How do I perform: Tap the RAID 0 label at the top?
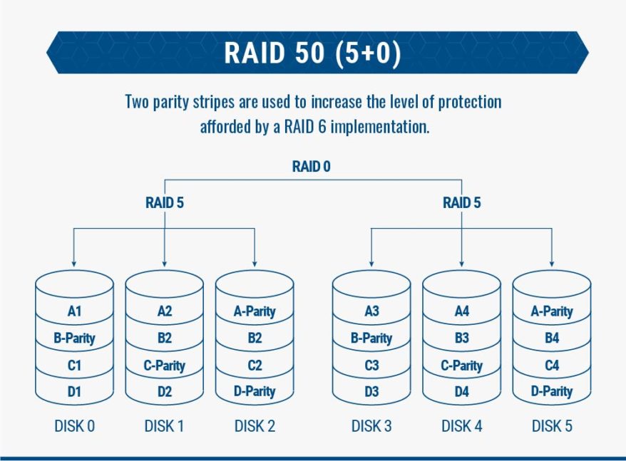(312, 167)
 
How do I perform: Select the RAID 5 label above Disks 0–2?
(165, 203)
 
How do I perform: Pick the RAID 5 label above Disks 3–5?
(461, 203)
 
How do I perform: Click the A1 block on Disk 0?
(74, 311)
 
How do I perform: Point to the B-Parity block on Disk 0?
(74, 338)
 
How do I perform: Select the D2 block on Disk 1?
(165, 391)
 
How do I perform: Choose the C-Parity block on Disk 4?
(461, 366)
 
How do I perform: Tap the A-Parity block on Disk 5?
(552, 311)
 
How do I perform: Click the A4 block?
(461, 311)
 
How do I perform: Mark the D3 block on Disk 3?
(371, 391)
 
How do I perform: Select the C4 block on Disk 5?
(552, 366)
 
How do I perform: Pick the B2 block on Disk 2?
(255, 338)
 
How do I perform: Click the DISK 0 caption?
(74, 426)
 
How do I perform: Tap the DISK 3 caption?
(371, 426)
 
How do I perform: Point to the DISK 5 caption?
(552, 426)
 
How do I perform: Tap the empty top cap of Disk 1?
(165, 283)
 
